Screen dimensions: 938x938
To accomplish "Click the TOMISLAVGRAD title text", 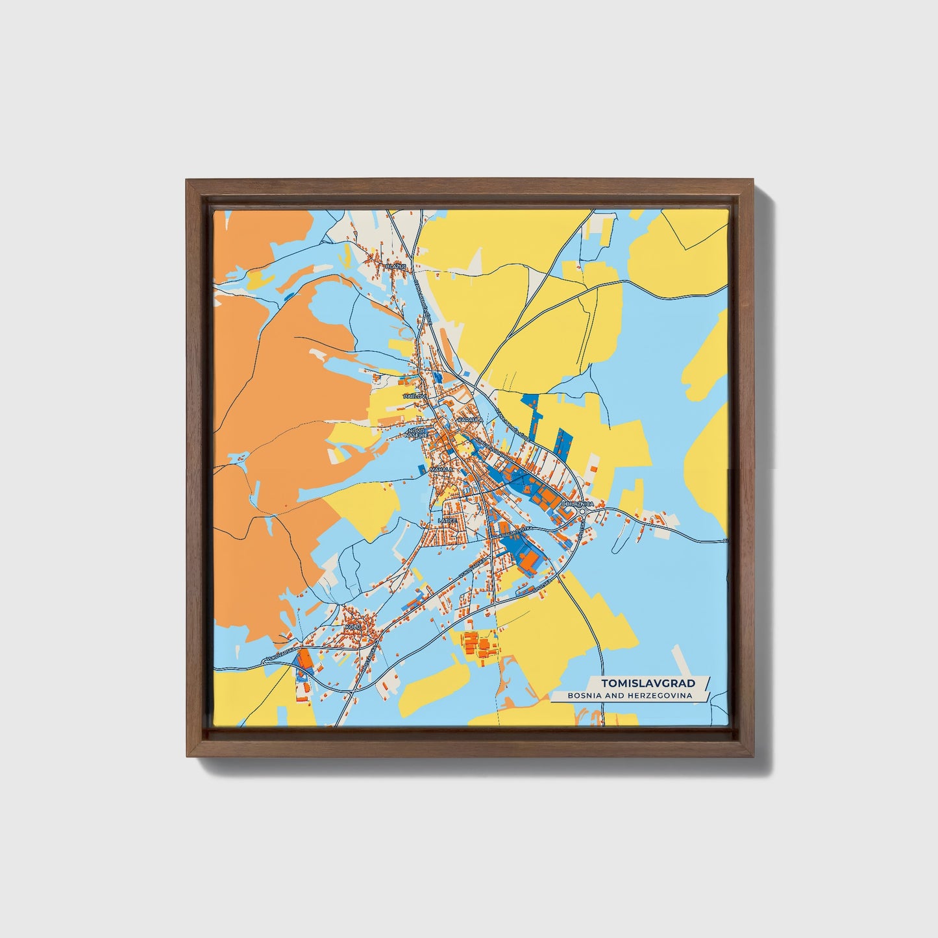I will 648,683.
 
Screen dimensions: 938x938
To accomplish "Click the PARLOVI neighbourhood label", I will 413,395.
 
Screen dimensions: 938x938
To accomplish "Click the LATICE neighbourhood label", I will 448,521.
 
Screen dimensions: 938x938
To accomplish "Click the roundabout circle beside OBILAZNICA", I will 583,512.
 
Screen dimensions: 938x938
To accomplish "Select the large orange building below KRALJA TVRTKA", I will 531,560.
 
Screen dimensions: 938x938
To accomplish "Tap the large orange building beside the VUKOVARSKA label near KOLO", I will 304,661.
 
